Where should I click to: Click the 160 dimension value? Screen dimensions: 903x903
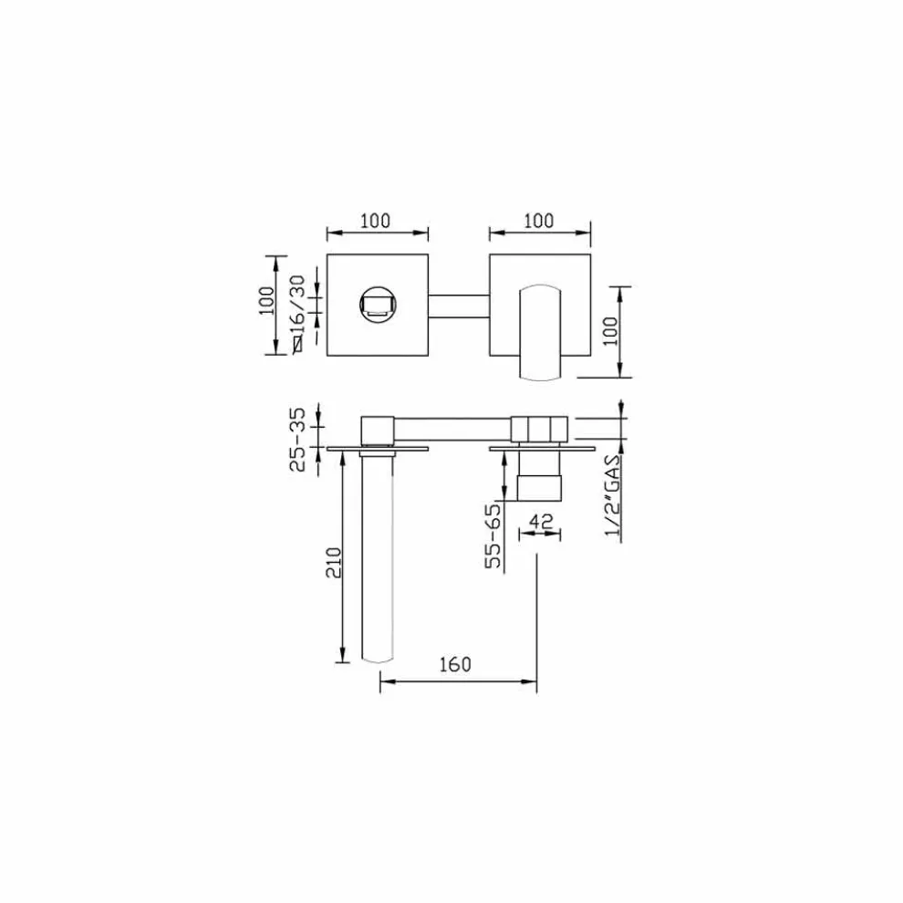pyautogui.click(x=455, y=664)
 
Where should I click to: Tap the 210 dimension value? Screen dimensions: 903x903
pyautogui.click(x=334, y=563)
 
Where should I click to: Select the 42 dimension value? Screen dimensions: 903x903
pyautogui.click(x=541, y=521)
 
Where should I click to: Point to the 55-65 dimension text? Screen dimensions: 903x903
pyautogui.click(x=493, y=536)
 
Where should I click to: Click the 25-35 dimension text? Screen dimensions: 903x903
pyautogui.click(x=297, y=440)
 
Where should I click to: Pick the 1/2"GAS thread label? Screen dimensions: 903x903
pyautogui.click(x=613, y=494)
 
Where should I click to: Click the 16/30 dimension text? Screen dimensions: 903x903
pyautogui.click(x=297, y=306)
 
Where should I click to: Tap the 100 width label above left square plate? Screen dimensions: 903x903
pyautogui.click(x=375, y=221)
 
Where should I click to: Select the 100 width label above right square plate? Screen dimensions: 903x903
pyautogui.click(x=538, y=221)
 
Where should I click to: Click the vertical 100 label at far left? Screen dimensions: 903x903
pyautogui.click(x=266, y=300)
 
